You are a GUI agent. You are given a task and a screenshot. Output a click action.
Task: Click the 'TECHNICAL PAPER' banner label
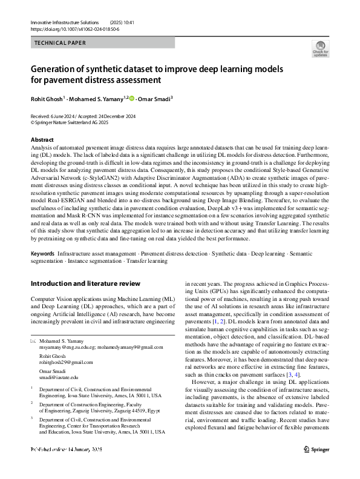(x=60, y=43)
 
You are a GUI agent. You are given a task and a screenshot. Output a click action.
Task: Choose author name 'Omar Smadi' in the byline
(x=154, y=99)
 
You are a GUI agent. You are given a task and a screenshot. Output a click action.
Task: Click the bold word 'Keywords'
(x=42, y=248)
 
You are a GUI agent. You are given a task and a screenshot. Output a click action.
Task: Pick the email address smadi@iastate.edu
(x=59, y=377)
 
